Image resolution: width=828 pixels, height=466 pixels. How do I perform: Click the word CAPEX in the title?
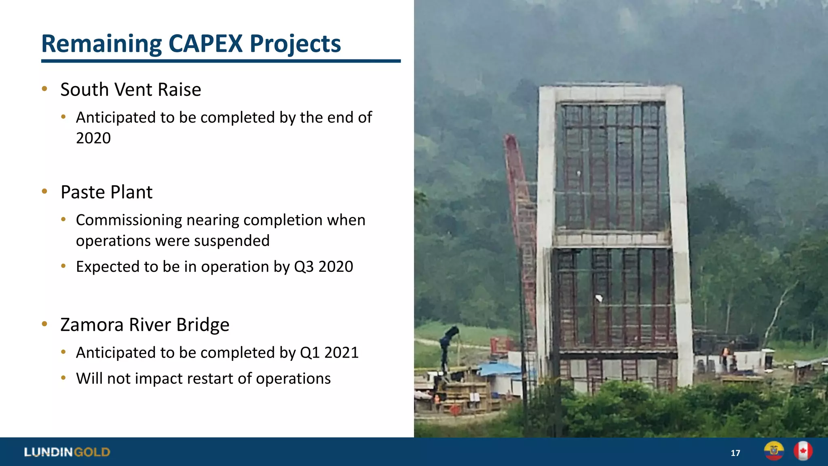coord(205,44)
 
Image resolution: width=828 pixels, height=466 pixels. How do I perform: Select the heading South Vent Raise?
coord(131,90)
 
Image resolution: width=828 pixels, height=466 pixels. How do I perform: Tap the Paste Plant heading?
coord(106,192)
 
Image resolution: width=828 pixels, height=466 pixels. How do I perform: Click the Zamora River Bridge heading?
coord(145,325)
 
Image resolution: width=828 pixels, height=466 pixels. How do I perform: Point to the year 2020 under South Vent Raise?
coord(93,138)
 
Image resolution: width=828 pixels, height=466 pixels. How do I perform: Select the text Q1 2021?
coord(329,353)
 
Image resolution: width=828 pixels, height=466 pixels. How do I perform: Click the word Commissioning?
coord(129,220)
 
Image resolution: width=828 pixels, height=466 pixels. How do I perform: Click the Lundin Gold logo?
coord(67,452)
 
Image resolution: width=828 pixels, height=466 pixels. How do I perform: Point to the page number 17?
coord(735,453)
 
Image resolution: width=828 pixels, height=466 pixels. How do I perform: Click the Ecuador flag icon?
coord(774,451)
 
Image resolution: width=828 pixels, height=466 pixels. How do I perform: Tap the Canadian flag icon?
coord(803,451)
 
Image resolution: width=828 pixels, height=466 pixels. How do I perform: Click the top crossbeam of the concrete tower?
coord(610,94)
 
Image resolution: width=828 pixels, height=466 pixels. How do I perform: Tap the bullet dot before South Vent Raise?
coord(44,89)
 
